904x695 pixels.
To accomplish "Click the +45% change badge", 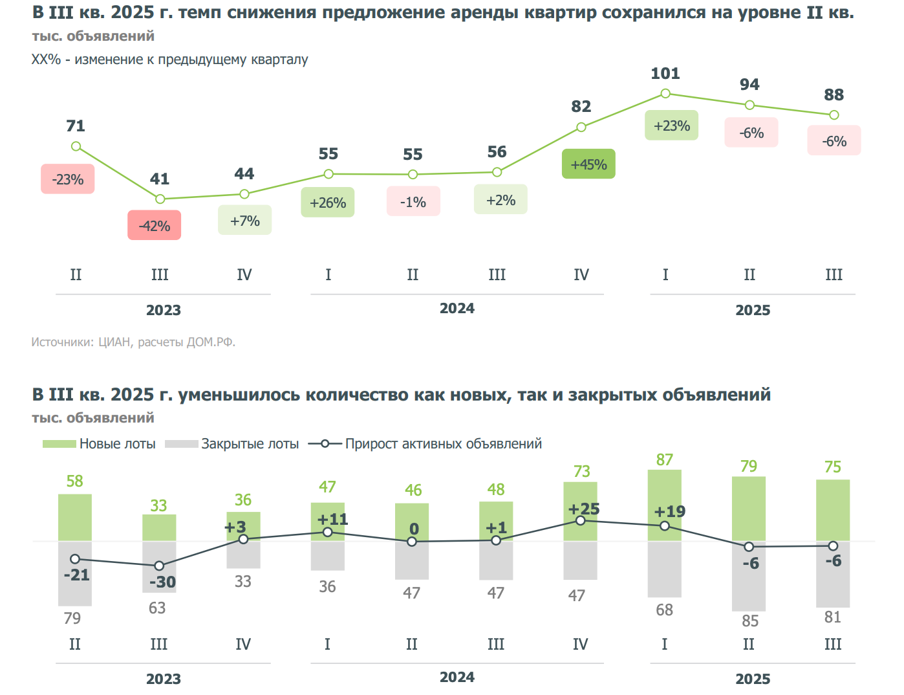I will [588, 164].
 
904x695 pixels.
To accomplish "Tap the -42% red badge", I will [154, 225].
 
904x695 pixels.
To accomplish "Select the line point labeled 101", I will [665, 94].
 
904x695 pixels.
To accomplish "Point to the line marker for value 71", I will [76, 146].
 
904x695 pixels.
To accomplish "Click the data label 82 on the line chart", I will [581, 107].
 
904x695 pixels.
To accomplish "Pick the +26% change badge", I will [328, 203].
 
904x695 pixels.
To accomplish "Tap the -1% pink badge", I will [413, 202].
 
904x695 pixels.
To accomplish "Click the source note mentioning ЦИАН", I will [133, 342].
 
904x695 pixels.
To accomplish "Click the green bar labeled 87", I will [664, 505].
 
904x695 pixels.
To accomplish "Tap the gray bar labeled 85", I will [749, 576].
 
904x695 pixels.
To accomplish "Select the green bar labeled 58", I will [75, 517].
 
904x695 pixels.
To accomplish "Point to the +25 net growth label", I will [584, 509].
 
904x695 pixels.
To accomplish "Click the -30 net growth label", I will [162, 582].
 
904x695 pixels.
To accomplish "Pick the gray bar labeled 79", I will [75, 573].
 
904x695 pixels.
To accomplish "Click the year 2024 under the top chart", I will [457, 309].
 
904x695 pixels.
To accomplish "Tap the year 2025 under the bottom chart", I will [753, 679].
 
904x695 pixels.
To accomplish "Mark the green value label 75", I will [833, 467].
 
